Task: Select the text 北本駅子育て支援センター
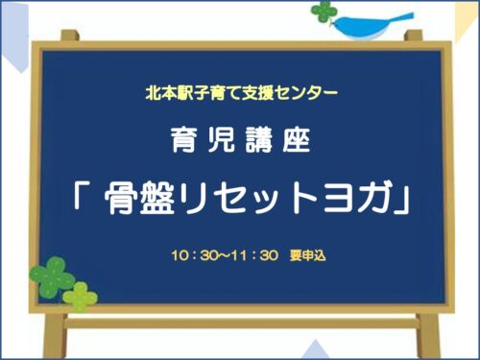240,94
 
